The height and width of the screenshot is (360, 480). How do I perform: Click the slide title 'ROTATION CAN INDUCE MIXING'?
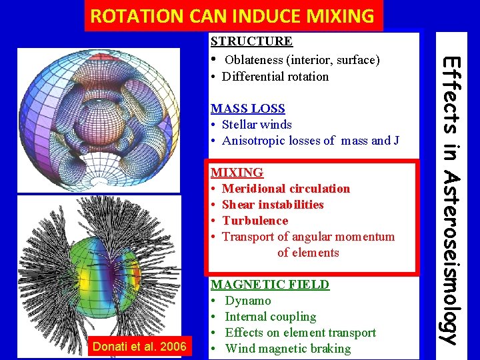233,16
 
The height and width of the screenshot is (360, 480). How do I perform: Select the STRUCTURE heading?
251,41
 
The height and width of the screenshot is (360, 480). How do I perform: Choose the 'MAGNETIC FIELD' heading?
270,285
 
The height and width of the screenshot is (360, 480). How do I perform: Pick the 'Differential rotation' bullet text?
275,77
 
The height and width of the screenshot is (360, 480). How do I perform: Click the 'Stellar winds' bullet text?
257,125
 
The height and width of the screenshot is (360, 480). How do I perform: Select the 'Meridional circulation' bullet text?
285,189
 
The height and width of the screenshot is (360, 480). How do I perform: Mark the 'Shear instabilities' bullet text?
273,205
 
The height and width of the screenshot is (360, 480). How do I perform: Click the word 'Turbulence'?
255,221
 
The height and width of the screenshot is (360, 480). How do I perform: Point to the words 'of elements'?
308,253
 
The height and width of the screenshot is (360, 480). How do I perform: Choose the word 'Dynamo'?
248,301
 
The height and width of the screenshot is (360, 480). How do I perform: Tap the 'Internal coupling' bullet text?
270,317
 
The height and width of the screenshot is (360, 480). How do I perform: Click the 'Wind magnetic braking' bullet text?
287,349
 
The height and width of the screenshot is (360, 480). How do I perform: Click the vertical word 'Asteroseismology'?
452,259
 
